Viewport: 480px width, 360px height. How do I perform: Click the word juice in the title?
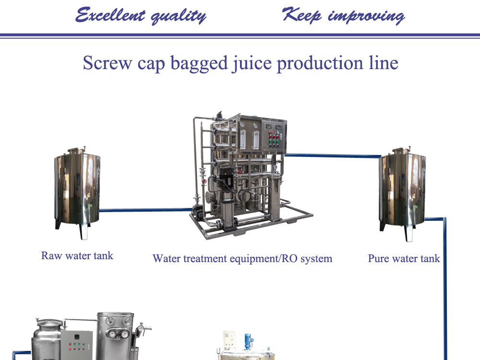(x=252, y=63)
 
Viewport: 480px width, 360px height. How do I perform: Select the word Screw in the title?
(x=108, y=63)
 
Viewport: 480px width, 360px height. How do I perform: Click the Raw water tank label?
(x=77, y=256)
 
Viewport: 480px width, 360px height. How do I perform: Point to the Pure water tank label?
(x=404, y=258)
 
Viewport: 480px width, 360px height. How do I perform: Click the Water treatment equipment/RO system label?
(x=242, y=259)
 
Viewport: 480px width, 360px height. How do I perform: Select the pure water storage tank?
(x=402, y=193)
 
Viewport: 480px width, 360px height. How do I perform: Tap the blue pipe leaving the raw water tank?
(x=146, y=210)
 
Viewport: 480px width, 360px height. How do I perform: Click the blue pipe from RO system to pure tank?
(x=333, y=156)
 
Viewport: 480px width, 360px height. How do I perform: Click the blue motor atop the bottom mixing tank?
(x=248, y=341)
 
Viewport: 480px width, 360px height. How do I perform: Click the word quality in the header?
(x=179, y=16)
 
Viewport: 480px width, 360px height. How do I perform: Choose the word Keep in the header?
(x=302, y=15)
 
